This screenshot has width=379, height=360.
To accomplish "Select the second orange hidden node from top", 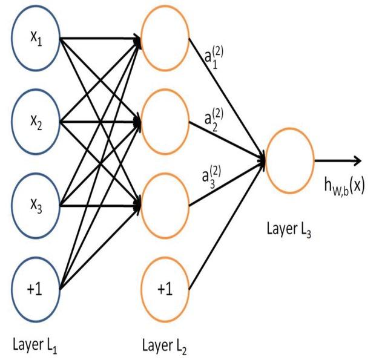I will coord(164,121).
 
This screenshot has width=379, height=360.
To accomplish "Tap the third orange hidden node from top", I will coord(164,204).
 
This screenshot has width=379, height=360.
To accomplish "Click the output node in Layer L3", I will coord(289,161).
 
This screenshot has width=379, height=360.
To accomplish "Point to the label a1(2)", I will coord(214,58).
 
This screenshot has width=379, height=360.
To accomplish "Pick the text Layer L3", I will coord(289,231).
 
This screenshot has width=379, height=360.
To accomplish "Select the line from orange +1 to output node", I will coord(227,224).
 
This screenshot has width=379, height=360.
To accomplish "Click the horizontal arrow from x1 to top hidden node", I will coord(100,41).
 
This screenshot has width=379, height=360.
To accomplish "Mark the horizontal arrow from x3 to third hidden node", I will coord(100,205).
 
